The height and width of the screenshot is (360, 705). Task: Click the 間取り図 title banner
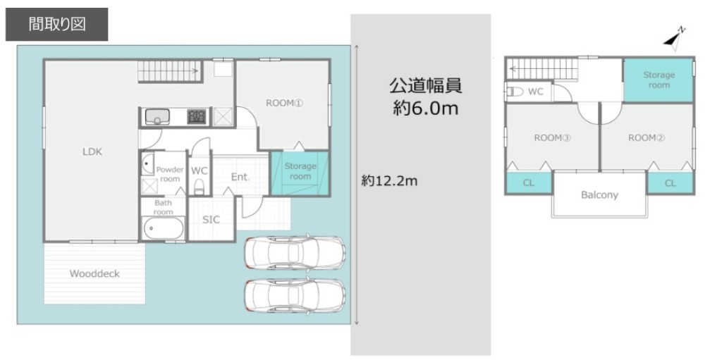57,25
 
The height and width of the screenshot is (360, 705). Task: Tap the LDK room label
92,151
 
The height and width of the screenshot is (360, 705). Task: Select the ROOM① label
284,103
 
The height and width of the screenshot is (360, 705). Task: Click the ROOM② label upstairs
646,138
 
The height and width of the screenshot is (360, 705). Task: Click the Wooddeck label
94,273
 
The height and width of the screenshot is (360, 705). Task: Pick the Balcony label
599,194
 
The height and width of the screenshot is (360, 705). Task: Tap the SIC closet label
211,220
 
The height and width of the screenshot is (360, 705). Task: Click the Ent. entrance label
240,178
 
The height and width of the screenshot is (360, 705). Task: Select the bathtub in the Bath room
163,229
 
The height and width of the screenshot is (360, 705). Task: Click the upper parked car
295,252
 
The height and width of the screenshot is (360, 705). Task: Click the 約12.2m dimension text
390,181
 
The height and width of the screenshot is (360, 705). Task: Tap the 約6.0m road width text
425,109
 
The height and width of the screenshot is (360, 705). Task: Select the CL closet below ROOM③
528,183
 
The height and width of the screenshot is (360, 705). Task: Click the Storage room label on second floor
658,80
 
